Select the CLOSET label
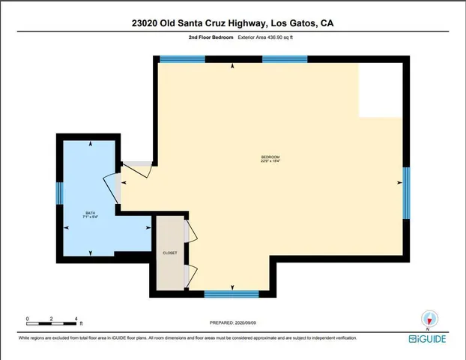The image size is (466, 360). (170, 253)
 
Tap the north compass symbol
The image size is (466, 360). (428, 319)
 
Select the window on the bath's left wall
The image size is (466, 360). (59, 194)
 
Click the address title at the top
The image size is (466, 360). (232, 23)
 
